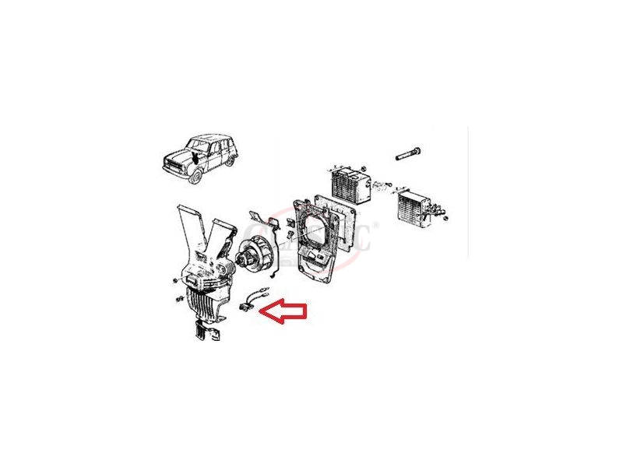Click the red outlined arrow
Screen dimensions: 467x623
coord(284,312)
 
